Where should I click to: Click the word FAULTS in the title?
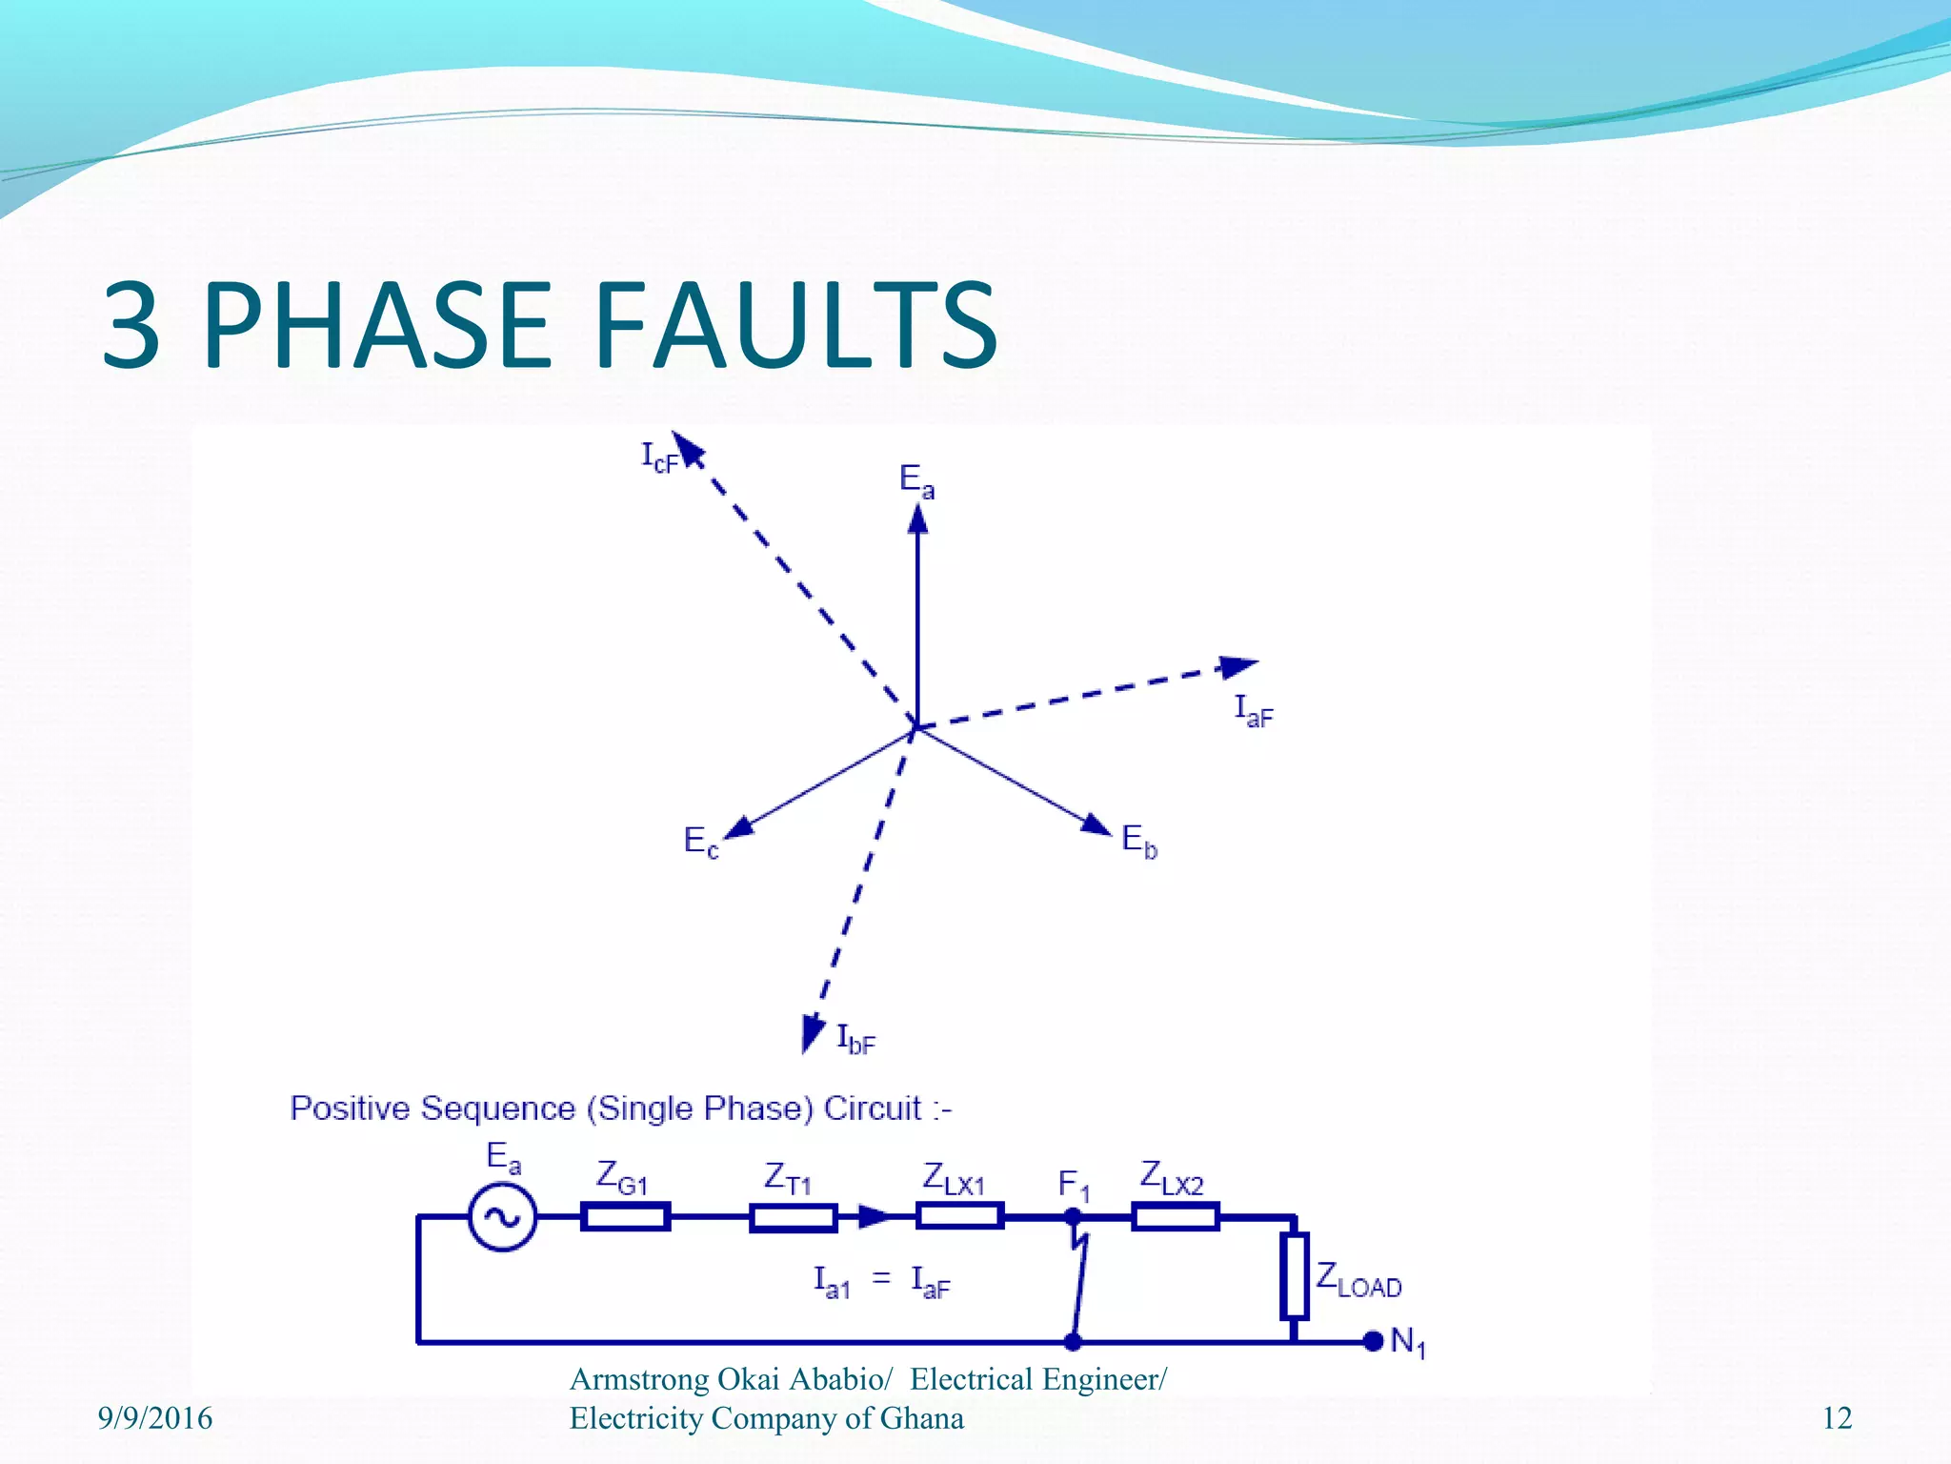[x=796, y=325]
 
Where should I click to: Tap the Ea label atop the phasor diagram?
[x=916, y=480]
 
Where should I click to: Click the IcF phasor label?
[x=658, y=457]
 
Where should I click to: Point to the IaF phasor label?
[x=1253, y=710]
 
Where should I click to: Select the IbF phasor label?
[x=855, y=1039]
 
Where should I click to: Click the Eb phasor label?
[x=1139, y=841]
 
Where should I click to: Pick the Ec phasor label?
[x=701, y=842]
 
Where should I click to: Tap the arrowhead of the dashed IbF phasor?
[x=812, y=1032]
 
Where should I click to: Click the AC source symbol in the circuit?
[x=502, y=1217]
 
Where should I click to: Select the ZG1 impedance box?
[x=625, y=1217]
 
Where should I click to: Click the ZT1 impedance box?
[x=793, y=1217]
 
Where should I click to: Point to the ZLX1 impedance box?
[x=959, y=1216]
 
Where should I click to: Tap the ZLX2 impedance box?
[x=1175, y=1217]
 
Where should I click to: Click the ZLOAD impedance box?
[x=1294, y=1276]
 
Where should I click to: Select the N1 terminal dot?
[x=1373, y=1341]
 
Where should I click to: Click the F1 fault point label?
[x=1074, y=1186]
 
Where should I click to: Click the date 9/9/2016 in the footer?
[x=155, y=1418]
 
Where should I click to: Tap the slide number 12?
[x=1837, y=1418]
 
